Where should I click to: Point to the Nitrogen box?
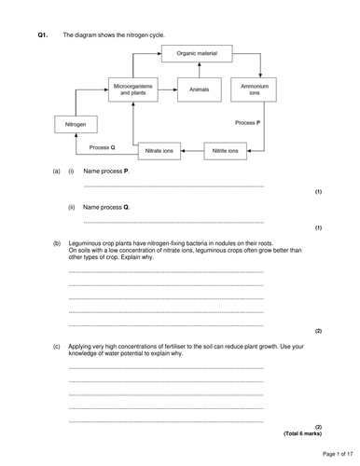76,124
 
